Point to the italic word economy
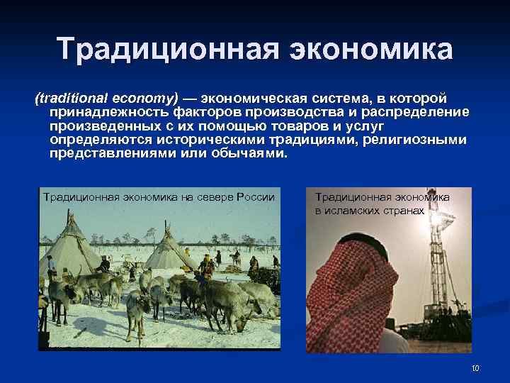[149, 97]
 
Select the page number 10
[475, 367]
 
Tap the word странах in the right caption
[406, 211]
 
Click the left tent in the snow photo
[68, 248]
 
